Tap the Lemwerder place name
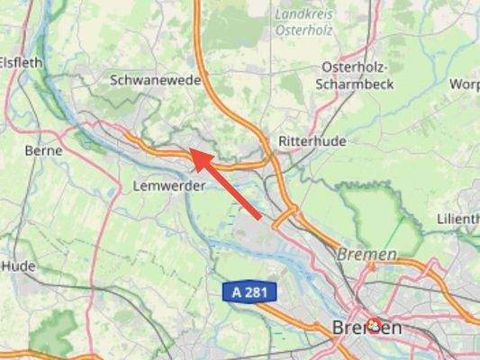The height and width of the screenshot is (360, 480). click(x=168, y=185)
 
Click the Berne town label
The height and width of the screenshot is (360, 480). click(x=43, y=150)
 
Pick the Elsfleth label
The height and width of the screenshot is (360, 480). click(x=20, y=63)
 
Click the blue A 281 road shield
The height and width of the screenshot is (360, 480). click(x=249, y=292)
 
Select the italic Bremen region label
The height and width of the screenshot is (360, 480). click(x=367, y=255)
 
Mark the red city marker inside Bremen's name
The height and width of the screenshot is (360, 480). click(x=373, y=325)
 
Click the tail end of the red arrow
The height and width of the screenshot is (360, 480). click(x=261, y=218)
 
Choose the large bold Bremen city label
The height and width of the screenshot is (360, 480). click(x=367, y=328)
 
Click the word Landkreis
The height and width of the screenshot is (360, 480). click(x=303, y=13)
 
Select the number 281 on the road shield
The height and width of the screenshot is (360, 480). click(x=257, y=292)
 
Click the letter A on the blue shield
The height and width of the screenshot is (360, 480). click(x=237, y=292)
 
